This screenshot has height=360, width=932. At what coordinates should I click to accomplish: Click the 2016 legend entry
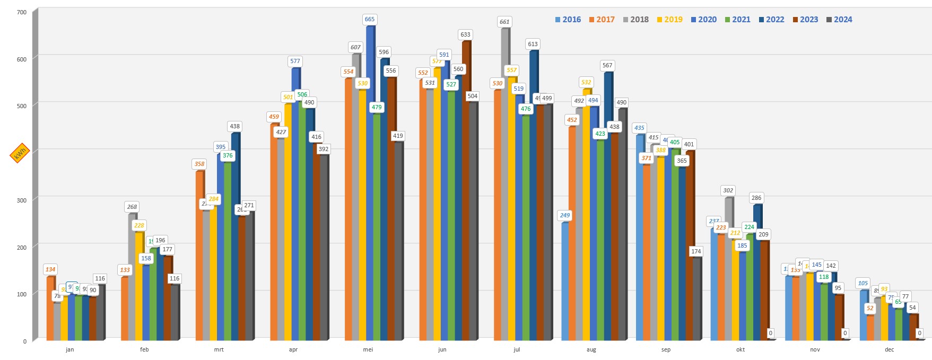(568, 20)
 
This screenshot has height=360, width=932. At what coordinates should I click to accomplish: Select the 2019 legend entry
(669, 20)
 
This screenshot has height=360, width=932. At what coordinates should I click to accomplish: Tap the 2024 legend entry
(839, 20)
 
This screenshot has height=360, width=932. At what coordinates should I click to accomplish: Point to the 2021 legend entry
(737, 20)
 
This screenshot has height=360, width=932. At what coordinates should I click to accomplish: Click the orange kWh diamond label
(20, 153)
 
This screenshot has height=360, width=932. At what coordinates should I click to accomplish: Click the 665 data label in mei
(369, 19)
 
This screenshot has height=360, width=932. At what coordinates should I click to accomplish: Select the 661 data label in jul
(504, 22)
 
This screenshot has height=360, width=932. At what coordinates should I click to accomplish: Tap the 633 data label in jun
(465, 34)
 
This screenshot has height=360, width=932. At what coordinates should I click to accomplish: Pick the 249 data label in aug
(564, 215)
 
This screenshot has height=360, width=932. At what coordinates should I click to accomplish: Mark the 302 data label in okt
(728, 190)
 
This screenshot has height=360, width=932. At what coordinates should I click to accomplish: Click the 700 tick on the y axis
(22, 12)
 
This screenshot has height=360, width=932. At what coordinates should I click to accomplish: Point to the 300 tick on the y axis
(22, 200)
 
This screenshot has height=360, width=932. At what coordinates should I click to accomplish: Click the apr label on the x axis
(293, 349)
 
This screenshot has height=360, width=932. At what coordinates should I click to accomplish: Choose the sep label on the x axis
(666, 349)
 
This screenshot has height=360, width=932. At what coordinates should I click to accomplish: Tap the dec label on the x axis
(889, 349)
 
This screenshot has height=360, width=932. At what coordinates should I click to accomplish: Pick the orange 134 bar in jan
(50, 308)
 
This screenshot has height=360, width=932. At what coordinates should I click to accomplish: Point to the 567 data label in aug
(607, 65)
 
